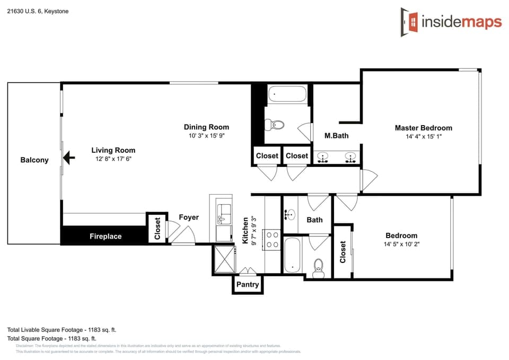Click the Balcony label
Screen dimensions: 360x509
[34, 160]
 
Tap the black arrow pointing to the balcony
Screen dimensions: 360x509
[68, 158]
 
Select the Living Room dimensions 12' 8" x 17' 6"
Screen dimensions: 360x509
[113, 159]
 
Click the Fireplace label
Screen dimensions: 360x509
[105, 236]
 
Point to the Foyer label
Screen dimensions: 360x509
[189, 217]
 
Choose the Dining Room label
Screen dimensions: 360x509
[206, 127]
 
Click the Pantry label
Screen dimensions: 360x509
[248, 285]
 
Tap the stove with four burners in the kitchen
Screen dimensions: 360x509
[272, 239]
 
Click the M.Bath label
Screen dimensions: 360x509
[336, 136]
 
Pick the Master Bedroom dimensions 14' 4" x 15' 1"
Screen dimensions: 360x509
[423, 136]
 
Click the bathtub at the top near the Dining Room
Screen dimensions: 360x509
[287, 95]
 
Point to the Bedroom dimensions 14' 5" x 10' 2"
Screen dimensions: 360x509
[401, 244]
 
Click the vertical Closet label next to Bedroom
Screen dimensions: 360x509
[343, 252]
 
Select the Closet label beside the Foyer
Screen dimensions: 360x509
[157, 229]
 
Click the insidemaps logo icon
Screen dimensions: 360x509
[409, 22]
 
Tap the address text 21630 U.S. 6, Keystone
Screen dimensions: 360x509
[38, 11]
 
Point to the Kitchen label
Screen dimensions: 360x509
[245, 231]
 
